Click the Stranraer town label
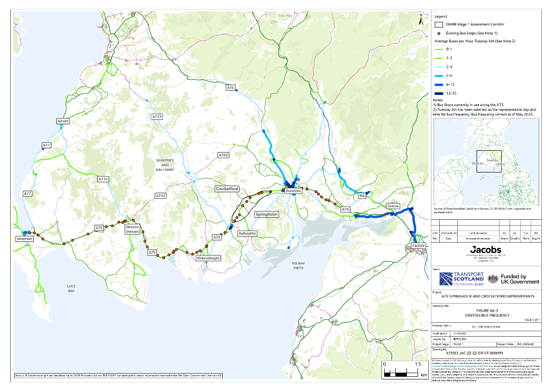(x=25, y=239)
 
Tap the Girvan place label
(x=63, y=121)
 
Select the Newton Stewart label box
(x=133, y=229)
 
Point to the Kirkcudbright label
(x=208, y=258)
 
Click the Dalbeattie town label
(x=247, y=233)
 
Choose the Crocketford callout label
(x=227, y=189)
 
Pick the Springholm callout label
(x=267, y=214)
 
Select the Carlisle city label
(x=418, y=246)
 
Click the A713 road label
(x=157, y=117)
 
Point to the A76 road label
(x=230, y=88)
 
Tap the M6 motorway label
(x=362, y=196)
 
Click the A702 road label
(x=223, y=155)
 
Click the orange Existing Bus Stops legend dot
(x=439, y=33)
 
